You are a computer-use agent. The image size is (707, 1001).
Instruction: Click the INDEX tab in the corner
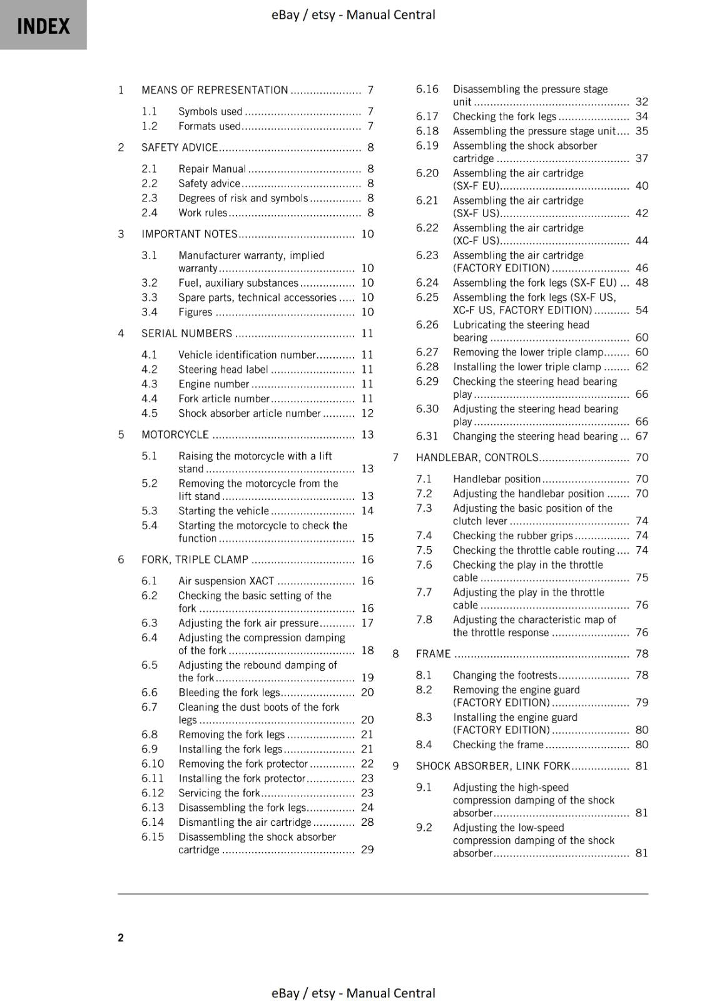[x=43, y=26]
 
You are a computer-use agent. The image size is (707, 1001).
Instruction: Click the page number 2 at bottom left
[x=121, y=937]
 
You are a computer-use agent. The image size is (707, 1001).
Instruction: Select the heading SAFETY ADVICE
[x=180, y=148]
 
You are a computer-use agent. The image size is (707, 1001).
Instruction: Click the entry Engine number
[x=213, y=384]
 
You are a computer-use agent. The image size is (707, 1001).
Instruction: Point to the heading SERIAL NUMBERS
[x=186, y=333]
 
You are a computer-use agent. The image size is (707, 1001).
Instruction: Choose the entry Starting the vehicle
[x=223, y=511]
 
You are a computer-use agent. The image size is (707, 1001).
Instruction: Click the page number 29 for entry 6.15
[x=367, y=850]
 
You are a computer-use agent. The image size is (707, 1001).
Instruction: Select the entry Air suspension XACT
[x=226, y=581]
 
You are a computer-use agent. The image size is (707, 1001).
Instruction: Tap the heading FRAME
[x=433, y=654]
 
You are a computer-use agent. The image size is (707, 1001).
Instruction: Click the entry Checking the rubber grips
[x=512, y=536]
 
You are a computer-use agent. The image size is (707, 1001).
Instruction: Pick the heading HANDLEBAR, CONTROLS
[x=477, y=458]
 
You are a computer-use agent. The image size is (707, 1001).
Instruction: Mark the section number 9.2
[x=424, y=828]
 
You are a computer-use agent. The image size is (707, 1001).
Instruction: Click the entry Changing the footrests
[x=504, y=676]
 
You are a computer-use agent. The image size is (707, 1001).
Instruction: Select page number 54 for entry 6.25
[x=641, y=310]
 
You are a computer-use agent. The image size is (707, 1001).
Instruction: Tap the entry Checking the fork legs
[x=504, y=116]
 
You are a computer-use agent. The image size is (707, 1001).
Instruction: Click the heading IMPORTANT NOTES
[x=189, y=234]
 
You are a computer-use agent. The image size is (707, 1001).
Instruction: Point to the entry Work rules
[x=203, y=213]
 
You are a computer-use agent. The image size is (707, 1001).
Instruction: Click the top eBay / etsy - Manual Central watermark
[x=353, y=14]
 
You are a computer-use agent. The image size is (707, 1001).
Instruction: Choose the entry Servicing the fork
[x=218, y=793]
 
